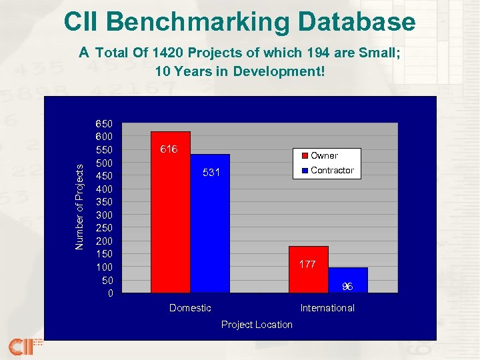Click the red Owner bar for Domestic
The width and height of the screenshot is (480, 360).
click(x=171, y=220)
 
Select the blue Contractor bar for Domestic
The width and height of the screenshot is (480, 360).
click(x=210, y=233)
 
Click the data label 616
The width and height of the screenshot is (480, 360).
click(x=169, y=149)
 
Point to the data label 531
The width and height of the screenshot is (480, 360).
click(x=211, y=173)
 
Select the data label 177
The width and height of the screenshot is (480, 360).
click(x=307, y=264)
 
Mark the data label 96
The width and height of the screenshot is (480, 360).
click(x=347, y=286)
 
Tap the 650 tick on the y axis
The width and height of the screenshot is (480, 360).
click(x=105, y=124)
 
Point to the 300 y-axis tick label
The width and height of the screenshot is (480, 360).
click(x=105, y=215)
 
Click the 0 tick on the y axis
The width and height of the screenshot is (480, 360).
click(x=111, y=293)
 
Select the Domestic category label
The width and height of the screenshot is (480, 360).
click(x=190, y=307)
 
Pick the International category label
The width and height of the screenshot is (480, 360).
click(x=327, y=307)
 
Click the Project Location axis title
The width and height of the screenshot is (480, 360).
click(x=257, y=325)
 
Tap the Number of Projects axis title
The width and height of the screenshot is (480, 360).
click(x=80, y=207)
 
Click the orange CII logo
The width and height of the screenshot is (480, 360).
click(x=20, y=347)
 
